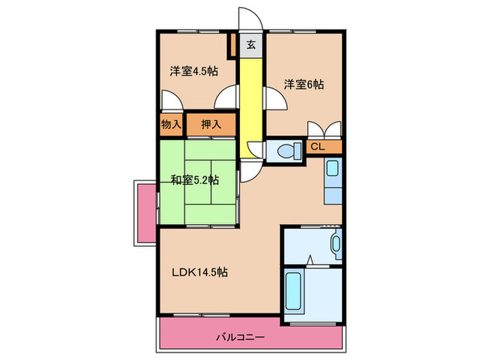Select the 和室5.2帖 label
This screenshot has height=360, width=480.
click(x=195, y=180)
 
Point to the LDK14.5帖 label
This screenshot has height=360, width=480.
click(x=199, y=272)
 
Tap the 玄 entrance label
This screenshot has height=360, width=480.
click(x=251, y=45)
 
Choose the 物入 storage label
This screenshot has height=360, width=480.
click(x=170, y=125)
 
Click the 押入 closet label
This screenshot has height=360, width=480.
click(x=211, y=125)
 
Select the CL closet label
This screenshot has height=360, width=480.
click(x=317, y=147)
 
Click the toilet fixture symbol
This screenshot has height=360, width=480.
click(x=287, y=150)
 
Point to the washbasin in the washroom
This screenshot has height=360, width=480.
click(x=335, y=244)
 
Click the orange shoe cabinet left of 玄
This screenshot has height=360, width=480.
click(x=234, y=47)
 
